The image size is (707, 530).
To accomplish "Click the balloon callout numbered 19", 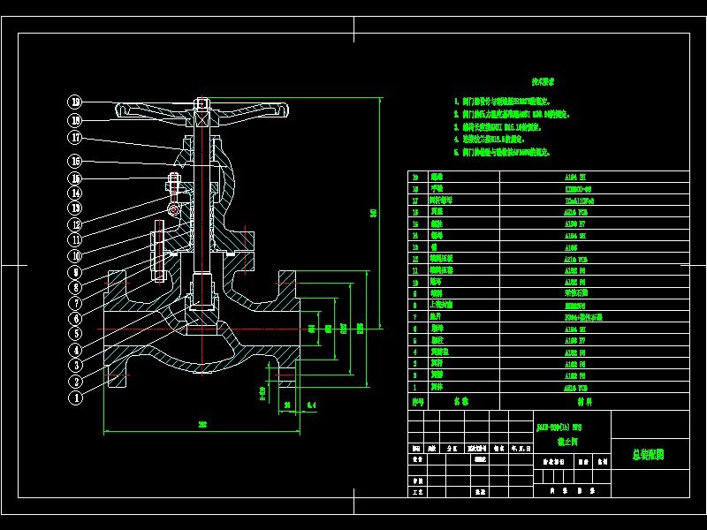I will point(76,102).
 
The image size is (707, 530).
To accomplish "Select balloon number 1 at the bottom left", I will point(76,397).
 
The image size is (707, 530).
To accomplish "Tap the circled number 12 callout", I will point(76,224).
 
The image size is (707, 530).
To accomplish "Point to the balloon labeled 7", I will point(76,303).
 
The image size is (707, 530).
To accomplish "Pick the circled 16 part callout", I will point(76,161).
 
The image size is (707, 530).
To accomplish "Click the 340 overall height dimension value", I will point(373,212).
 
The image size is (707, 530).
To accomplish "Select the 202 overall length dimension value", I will point(202,425).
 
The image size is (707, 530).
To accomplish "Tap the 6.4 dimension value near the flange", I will point(311,405).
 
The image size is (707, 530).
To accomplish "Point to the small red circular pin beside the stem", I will point(173,209).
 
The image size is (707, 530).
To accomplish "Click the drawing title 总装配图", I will point(647,455).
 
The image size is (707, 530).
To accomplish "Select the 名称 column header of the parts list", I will point(461,400).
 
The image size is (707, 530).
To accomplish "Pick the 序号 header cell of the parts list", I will point(419,400).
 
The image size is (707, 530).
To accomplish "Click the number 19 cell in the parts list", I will point(416,178).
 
